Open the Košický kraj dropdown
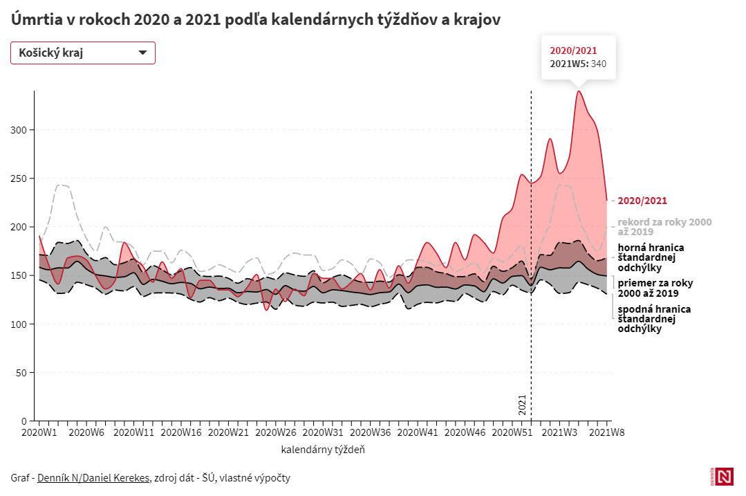83,53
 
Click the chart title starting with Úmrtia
256,19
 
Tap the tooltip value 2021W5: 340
577,64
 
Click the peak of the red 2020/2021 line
578,91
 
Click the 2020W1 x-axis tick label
39,433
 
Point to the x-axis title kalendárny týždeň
323,450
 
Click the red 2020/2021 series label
642,201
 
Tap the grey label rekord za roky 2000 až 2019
664,227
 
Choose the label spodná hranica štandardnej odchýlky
653,319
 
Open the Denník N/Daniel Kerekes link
93,477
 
